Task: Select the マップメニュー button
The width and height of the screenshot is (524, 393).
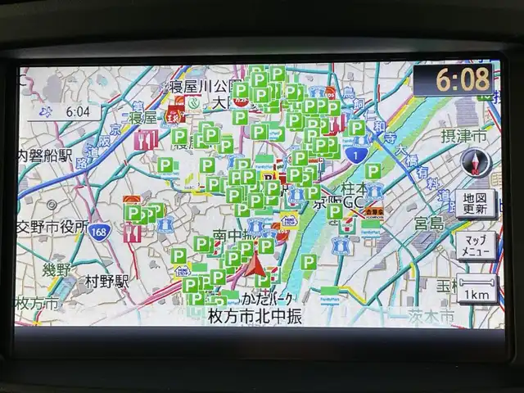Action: (475, 245)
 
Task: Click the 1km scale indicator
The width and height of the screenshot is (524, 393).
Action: (475, 290)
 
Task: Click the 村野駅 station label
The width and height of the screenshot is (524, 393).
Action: (107, 282)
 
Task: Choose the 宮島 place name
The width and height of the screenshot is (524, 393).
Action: (427, 223)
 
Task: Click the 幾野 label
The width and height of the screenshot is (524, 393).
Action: (56, 270)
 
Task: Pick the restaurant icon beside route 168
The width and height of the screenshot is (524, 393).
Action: (132, 233)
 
